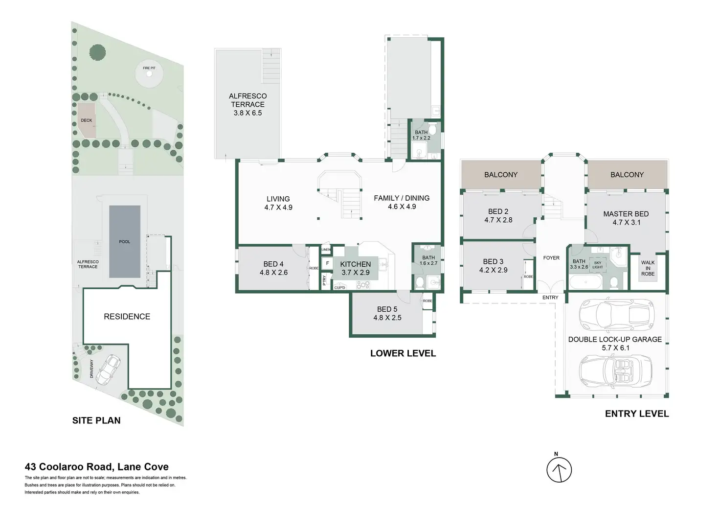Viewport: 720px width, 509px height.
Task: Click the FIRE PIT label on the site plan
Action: (149, 68)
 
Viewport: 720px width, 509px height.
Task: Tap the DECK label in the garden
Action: (87, 120)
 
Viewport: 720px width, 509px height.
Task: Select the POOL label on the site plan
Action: (125, 242)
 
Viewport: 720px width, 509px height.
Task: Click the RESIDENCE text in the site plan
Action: (127, 317)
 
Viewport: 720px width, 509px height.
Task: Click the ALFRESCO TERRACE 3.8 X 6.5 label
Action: (247, 104)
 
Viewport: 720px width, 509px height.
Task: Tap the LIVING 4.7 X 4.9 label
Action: (278, 203)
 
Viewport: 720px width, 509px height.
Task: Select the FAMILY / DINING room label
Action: (402, 202)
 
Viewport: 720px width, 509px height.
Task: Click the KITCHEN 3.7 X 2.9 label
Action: (356, 268)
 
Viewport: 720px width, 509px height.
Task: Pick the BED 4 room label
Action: (273, 268)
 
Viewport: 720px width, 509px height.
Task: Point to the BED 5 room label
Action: (387, 313)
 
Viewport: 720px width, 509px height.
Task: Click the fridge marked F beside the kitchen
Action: (328, 264)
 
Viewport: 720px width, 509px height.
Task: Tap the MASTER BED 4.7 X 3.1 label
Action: (626, 218)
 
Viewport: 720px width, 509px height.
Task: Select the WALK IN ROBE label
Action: (648, 268)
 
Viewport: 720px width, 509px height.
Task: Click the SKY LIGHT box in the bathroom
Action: (598, 265)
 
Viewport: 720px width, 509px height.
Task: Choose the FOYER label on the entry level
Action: (551, 258)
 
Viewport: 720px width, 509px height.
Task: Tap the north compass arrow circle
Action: (559, 470)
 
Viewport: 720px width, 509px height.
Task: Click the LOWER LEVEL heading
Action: (403, 353)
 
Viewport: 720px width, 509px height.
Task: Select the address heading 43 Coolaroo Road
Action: (97, 467)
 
